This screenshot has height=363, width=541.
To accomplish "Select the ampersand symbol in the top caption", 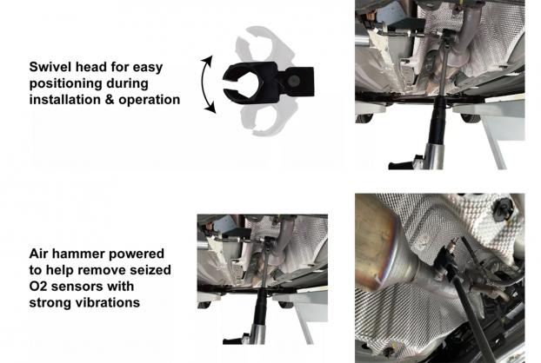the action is pyautogui.click(x=108, y=100).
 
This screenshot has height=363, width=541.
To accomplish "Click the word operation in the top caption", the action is pyautogui.click(x=150, y=100).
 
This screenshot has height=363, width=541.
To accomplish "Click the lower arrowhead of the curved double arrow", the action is pyautogui.click(x=210, y=108).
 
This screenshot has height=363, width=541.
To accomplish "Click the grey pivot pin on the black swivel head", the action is pyautogui.click(x=295, y=81).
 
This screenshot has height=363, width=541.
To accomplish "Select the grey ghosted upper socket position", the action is pyautogui.click(x=264, y=44).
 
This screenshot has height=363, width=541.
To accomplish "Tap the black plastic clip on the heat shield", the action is pyautogui.click(x=504, y=208).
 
